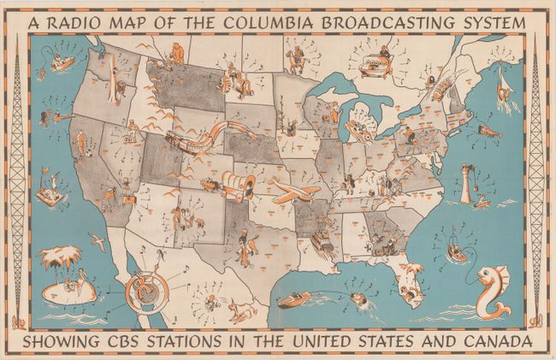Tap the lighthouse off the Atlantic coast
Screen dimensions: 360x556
pos(466,182)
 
